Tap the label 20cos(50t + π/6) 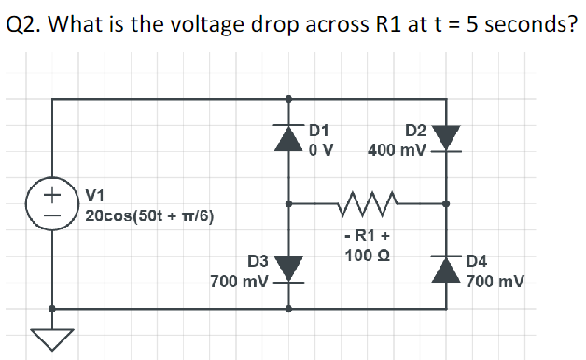click(x=149, y=216)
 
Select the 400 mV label click(x=398, y=149)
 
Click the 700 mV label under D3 click(x=240, y=280)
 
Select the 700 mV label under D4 click(x=495, y=280)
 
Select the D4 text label click(x=477, y=262)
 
